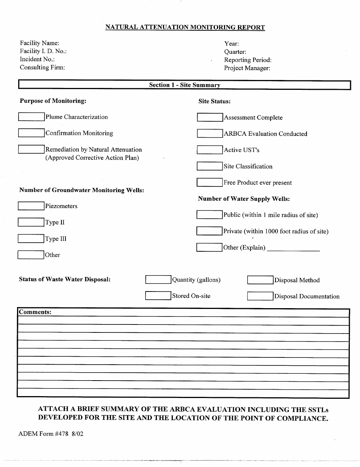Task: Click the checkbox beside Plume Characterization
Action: (31, 117)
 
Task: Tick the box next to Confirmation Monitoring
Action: (31, 133)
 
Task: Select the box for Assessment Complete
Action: (210, 118)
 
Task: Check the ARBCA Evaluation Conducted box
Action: (210, 134)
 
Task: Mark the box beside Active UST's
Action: (210, 150)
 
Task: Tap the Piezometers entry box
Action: (31, 206)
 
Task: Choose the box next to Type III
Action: (31, 239)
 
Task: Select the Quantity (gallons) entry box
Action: (158, 280)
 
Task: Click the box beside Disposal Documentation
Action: (260, 296)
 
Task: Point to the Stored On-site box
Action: (158, 296)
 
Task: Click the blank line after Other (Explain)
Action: (293, 249)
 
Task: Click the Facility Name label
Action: (39, 43)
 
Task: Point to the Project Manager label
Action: (247, 68)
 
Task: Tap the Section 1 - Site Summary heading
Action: (185, 85)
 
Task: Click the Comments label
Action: (35, 312)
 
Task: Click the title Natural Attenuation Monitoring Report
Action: (185, 27)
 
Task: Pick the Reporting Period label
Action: (248, 60)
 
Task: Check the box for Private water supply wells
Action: (209, 231)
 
